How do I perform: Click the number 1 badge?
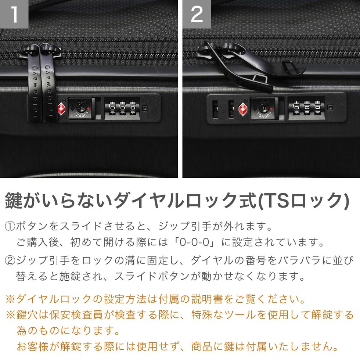pyautogui.click(x=14, y=14)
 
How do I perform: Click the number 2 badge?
pyautogui.click(x=197, y=14)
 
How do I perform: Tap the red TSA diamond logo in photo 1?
pyautogui.click(x=61, y=108)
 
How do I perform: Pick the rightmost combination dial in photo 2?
pyautogui.click(x=317, y=107)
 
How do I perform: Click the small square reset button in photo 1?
pyautogui.click(x=145, y=108)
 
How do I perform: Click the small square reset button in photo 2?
pyautogui.click(x=330, y=107)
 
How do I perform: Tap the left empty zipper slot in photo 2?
pyautogui.click(x=215, y=109)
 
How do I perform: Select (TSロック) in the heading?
pyautogui.click(x=303, y=201)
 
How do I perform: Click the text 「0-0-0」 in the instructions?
pyautogui.click(x=195, y=242)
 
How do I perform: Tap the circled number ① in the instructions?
pyautogui.click(x=10, y=226)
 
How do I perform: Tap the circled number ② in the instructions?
pyautogui.click(x=10, y=260)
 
